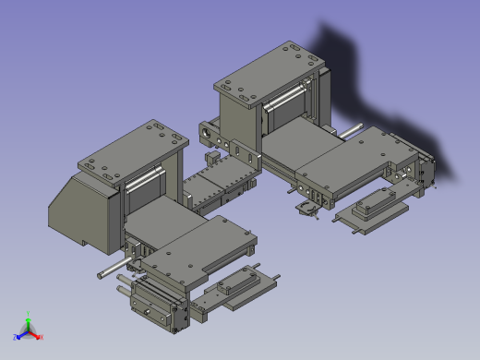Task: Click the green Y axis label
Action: [29, 315]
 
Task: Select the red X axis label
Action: [41, 338]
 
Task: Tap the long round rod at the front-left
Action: [114, 269]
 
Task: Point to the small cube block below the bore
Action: [210, 159]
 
